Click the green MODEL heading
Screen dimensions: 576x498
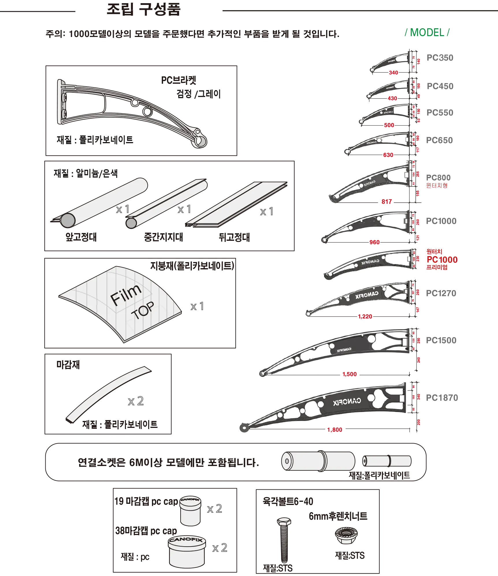pyautogui.click(x=427, y=33)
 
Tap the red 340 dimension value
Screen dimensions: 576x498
pyautogui.click(x=393, y=72)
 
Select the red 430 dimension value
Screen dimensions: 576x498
pyautogui.click(x=392, y=98)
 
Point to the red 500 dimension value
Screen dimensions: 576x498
pyautogui.click(x=389, y=125)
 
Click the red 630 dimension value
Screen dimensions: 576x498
pyautogui.click(x=388, y=155)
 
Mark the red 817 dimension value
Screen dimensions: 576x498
pyautogui.click(x=386, y=202)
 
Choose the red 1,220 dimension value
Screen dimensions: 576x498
pyautogui.click(x=365, y=316)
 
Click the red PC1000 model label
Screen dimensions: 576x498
pyautogui.click(x=442, y=260)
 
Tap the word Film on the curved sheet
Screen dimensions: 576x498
pyautogui.click(x=126, y=294)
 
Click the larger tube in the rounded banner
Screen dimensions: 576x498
pyautogui.click(x=318, y=461)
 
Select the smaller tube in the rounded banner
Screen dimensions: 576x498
pyautogui.click(x=386, y=461)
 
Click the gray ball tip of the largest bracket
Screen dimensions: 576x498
pyautogui.click(x=244, y=428)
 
